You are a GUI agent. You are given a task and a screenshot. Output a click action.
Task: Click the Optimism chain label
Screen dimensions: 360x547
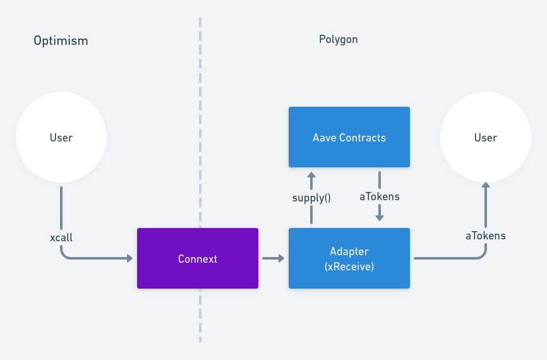click(61, 41)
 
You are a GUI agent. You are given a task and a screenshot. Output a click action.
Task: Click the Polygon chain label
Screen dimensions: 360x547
click(338, 39)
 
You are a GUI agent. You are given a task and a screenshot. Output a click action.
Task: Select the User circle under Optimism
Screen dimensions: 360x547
click(61, 137)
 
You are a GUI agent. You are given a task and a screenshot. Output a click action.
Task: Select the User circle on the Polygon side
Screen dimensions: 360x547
click(485, 137)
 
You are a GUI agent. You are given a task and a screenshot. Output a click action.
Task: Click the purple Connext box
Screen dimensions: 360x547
click(197, 258)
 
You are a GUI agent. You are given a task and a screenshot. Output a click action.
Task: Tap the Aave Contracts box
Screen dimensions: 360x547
click(349, 137)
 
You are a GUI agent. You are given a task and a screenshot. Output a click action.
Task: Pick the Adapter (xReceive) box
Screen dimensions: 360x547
click(349, 258)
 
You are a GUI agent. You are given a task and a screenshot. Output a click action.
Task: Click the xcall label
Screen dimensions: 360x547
click(61, 237)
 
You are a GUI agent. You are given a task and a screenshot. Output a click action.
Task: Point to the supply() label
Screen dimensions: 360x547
click(311, 197)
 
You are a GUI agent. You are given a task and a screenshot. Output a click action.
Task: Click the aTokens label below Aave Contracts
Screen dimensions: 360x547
click(380, 196)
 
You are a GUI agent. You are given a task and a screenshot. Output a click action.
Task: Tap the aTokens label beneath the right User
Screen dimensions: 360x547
click(485, 236)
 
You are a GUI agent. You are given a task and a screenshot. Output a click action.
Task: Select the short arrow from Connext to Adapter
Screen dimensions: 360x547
click(273, 258)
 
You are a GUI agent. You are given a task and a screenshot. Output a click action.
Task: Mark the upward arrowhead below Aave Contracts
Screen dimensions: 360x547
click(311, 174)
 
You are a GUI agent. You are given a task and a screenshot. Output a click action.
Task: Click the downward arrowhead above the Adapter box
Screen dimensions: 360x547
click(380, 217)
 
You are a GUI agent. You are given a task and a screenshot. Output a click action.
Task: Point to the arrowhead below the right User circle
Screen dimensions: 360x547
click(485, 186)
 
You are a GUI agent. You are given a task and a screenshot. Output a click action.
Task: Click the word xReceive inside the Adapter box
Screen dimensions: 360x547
click(349, 267)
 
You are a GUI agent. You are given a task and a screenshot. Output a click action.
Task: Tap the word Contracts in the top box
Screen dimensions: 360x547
click(363, 137)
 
